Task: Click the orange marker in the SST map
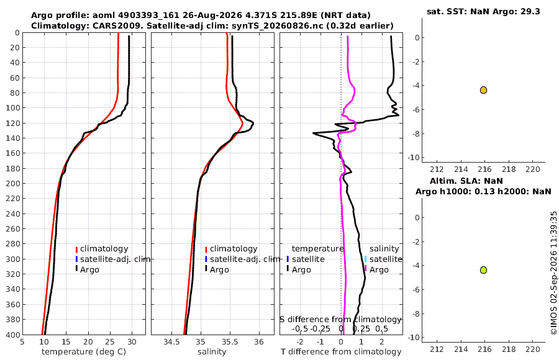(483, 90)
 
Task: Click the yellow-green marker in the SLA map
(483, 270)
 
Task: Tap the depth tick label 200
(12, 183)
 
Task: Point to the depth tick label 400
(12, 335)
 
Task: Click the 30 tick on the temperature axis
(132, 342)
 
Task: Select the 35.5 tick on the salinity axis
(230, 342)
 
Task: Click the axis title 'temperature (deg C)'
(84, 352)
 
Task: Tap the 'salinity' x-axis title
(212, 352)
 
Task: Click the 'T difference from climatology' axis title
(341, 352)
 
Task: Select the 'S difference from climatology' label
(340, 320)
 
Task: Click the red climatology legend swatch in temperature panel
(76, 250)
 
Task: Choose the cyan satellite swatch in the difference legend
(365, 259)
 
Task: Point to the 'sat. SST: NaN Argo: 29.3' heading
(483, 11)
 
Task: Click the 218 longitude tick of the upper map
(509, 169)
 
